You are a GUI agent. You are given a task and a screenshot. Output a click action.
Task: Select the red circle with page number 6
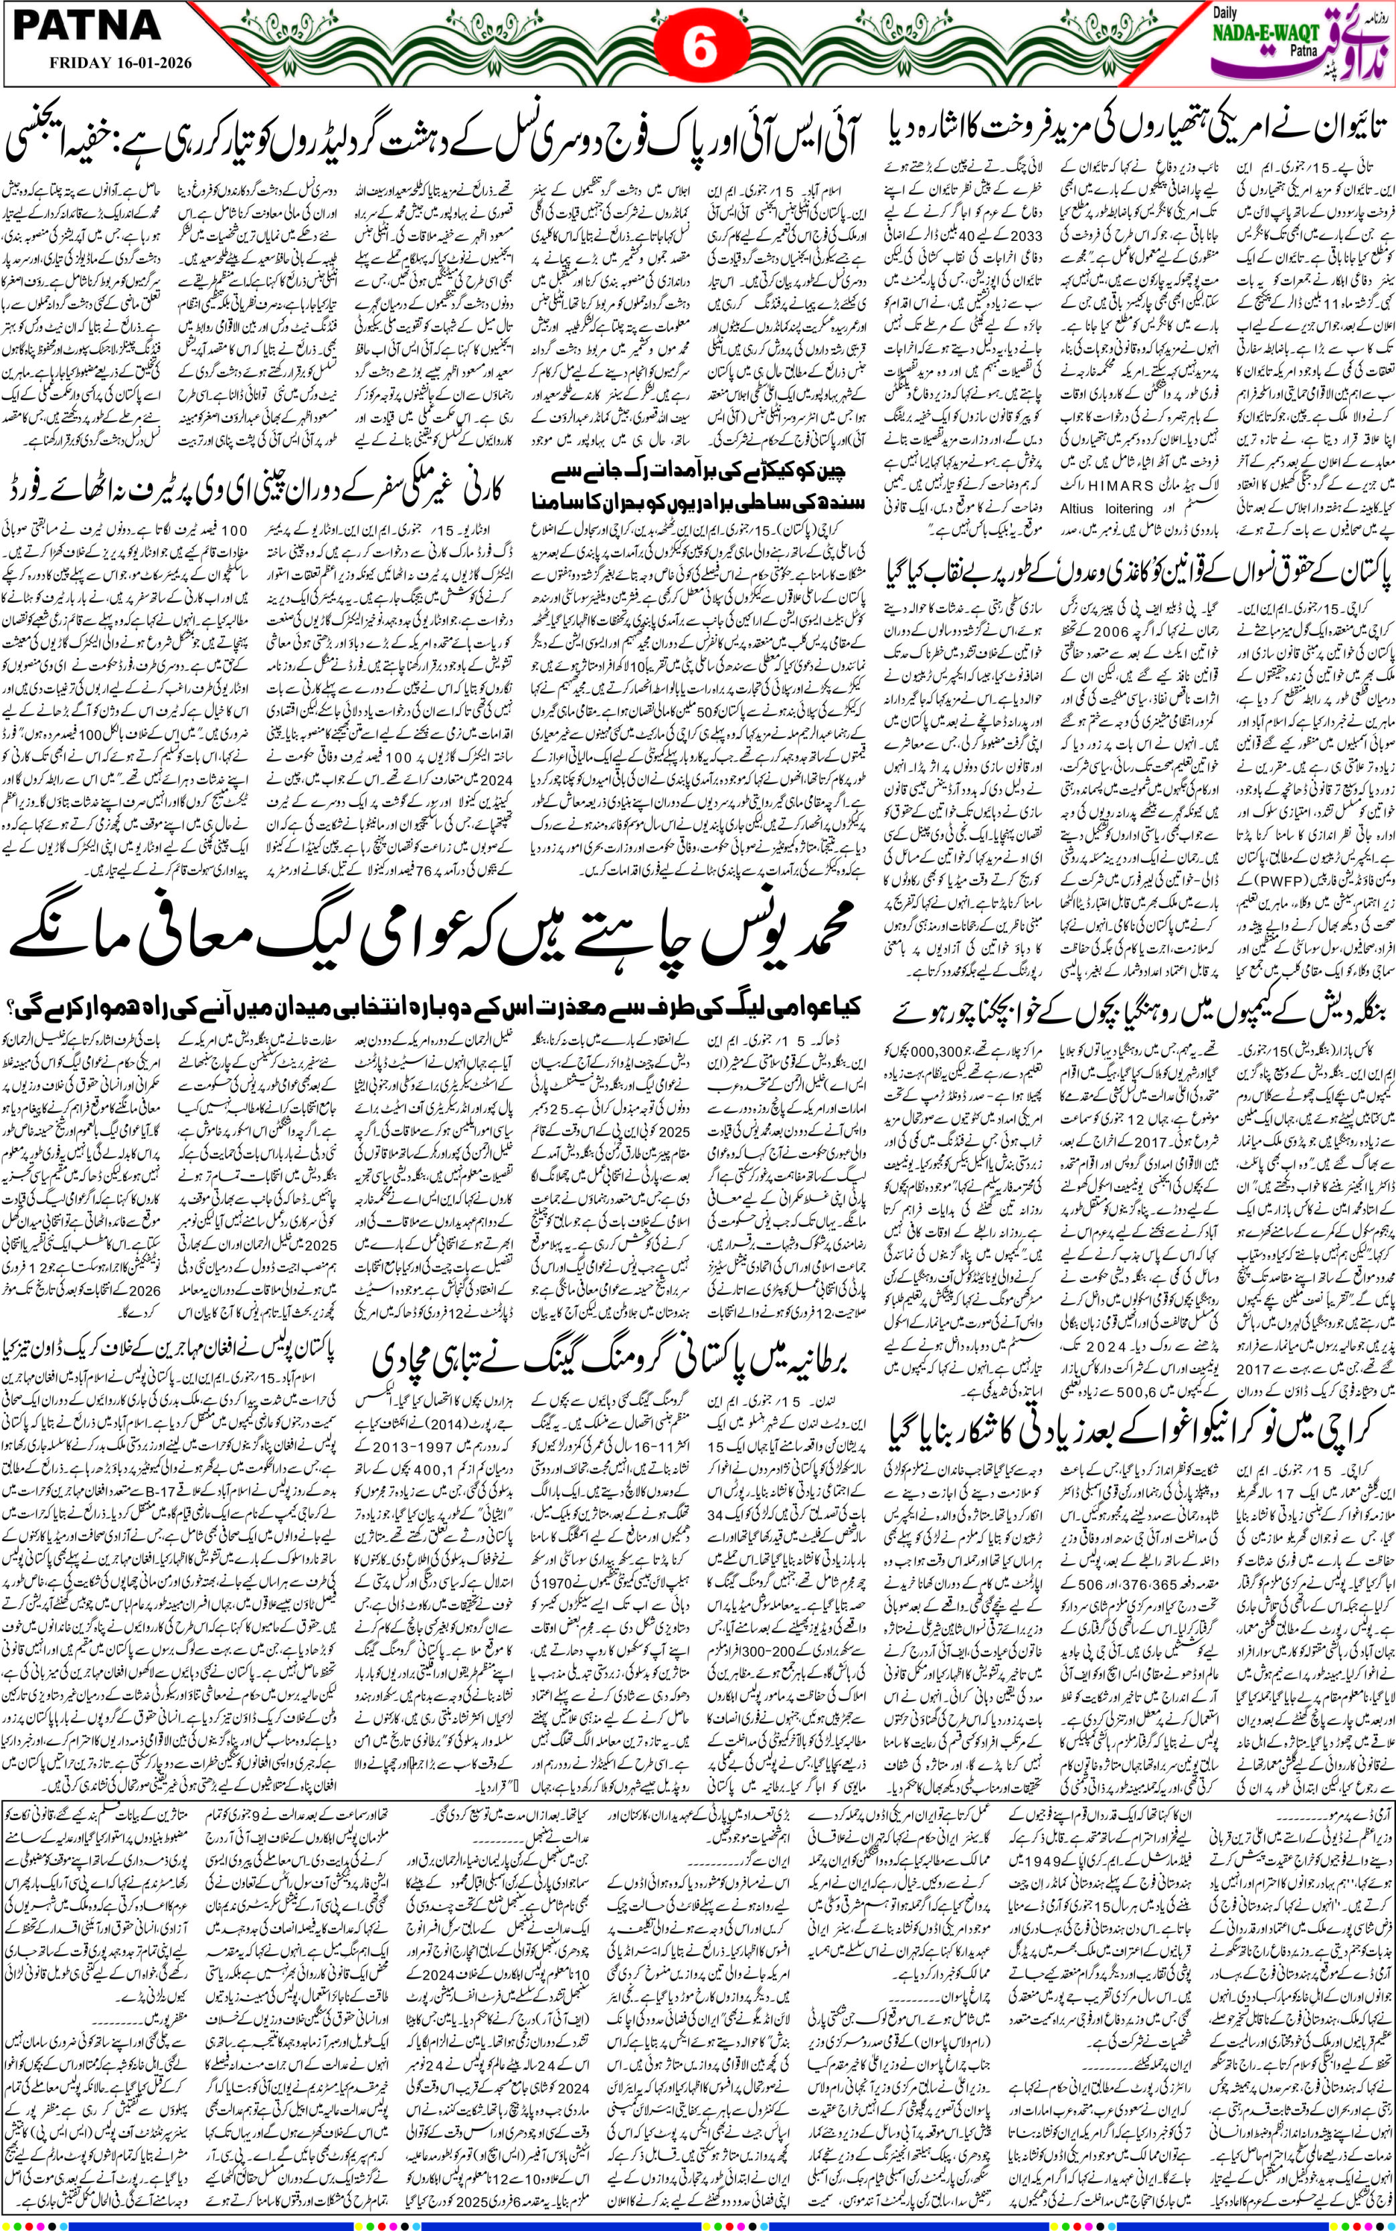699,49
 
